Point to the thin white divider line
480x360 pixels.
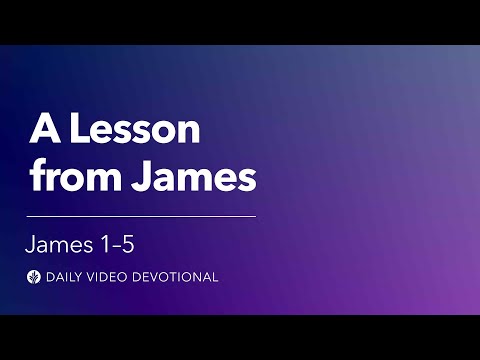tap(141, 216)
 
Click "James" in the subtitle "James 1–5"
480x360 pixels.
tap(61, 244)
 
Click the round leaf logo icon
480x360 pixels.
tap(35, 277)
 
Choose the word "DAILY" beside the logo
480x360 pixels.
tap(66, 277)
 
